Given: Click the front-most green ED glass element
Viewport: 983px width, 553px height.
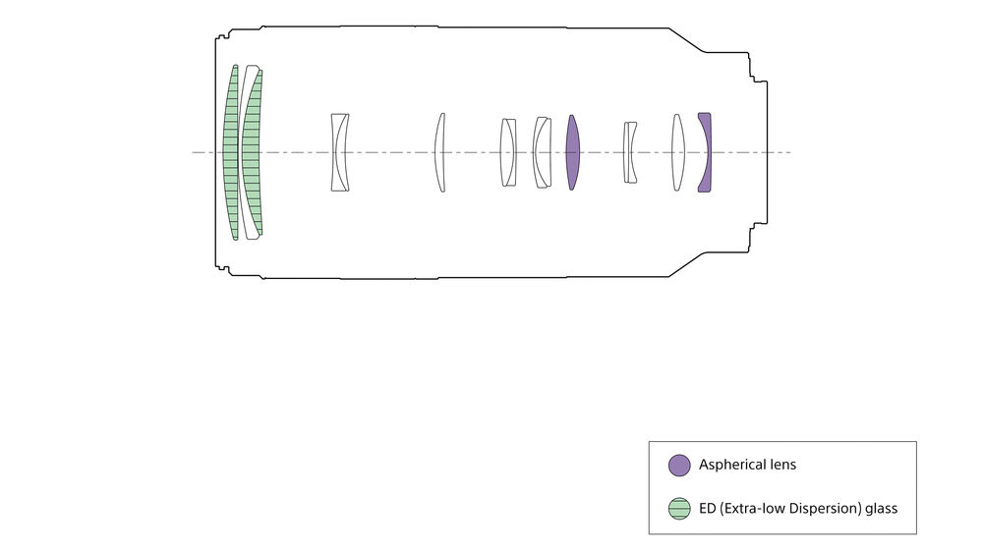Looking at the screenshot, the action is coord(231,152).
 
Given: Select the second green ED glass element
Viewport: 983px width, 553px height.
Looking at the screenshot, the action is coord(251,152).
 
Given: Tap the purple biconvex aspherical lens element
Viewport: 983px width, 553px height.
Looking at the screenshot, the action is coord(572,152).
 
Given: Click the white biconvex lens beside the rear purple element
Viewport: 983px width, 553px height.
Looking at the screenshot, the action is coord(677,152).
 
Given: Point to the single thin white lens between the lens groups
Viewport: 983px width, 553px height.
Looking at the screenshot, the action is coord(440,152).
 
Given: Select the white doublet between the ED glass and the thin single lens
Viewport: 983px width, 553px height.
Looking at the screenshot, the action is coord(340,152).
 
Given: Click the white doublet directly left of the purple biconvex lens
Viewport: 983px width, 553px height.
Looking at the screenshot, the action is coord(542,152).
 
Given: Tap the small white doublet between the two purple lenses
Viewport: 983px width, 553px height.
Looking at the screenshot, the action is coord(629,152).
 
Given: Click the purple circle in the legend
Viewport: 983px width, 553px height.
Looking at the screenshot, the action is coord(679,466).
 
